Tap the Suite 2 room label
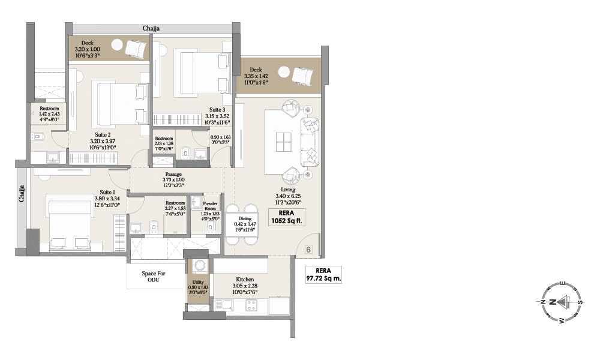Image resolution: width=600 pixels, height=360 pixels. click(x=103, y=135)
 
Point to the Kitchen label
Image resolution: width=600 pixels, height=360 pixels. click(x=245, y=280)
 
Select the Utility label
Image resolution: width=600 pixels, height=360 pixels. click(x=198, y=282)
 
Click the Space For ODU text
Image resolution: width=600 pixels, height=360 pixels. click(x=154, y=277)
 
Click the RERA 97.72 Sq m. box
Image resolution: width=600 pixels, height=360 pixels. click(x=323, y=274)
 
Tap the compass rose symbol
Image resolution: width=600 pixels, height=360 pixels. click(x=560, y=302)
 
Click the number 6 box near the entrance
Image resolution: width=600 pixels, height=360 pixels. click(x=308, y=250)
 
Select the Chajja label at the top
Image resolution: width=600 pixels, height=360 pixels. click(x=151, y=28)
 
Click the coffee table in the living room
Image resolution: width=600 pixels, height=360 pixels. click(x=283, y=142)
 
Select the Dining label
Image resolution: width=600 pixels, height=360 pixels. click(x=245, y=219)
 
